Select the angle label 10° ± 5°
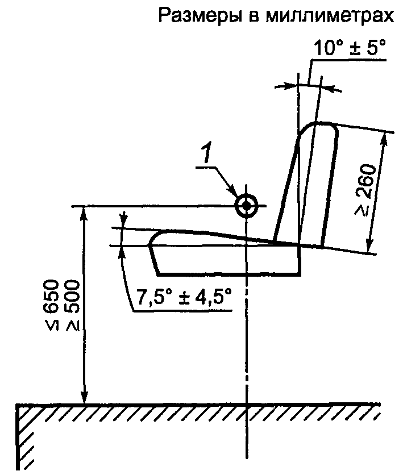pyautogui.click(x=350, y=48)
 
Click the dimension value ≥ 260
pyautogui.click(x=366, y=190)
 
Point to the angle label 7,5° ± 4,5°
pyautogui.click(x=184, y=296)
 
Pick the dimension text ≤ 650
pyautogui.click(x=49, y=305)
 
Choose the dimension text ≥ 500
pyautogui.click(x=72, y=305)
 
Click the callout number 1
pyautogui.click(x=207, y=153)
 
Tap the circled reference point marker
pyautogui.click(x=246, y=206)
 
